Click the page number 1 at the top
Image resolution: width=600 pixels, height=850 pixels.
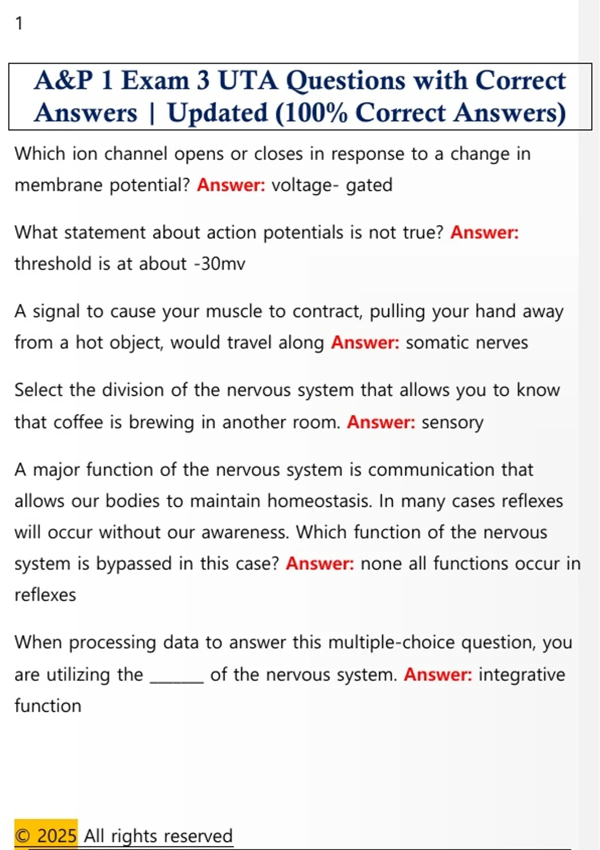pyautogui.click(x=19, y=23)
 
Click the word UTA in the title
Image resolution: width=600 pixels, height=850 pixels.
pyautogui.click(x=247, y=80)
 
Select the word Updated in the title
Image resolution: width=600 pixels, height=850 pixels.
pyautogui.click(x=217, y=113)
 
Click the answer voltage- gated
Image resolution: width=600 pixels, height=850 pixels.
pyautogui.click(x=331, y=185)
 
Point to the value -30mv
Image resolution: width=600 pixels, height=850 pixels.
pyautogui.click(x=219, y=264)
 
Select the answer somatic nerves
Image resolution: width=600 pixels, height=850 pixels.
pyautogui.click(x=466, y=343)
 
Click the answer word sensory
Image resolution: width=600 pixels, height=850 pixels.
pyautogui.click(x=452, y=423)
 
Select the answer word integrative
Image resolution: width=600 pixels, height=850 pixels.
pyautogui.click(x=521, y=675)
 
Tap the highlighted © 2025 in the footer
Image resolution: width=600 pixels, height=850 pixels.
pyautogui.click(x=45, y=835)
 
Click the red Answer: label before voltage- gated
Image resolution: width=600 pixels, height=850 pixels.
pyautogui.click(x=231, y=185)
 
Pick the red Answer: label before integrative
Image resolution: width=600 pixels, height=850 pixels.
pyautogui.click(x=437, y=675)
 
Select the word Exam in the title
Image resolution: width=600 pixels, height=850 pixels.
pyautogui.click(x=155, y=80)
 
